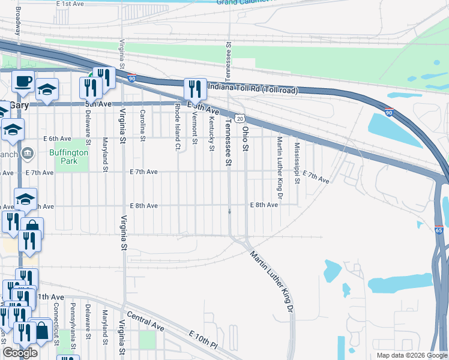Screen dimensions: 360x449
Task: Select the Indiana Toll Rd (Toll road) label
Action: pos(253,88)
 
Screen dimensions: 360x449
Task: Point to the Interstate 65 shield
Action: pos(440,230)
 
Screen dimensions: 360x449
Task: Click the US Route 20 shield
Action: pos(240,119)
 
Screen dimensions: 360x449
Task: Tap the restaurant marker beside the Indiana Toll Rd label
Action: pos(194,89)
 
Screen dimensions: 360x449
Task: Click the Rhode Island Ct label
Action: pos(178,126)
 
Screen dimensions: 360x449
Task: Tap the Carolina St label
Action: pos(143,125)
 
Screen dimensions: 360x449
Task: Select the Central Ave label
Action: pos(146,322)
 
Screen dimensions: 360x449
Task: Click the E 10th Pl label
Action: pos(202,340)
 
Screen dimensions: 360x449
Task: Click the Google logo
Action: pos(20,353)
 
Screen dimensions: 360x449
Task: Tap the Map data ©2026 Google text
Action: pos(411,355)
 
